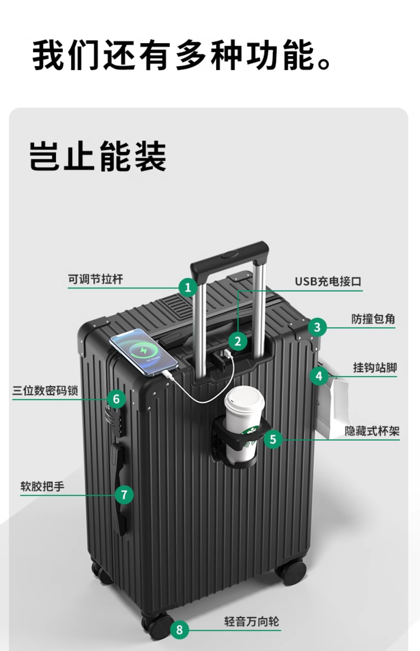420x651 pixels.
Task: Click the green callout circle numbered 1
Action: click(x=188, y=287)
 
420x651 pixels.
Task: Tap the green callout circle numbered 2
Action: click(x=238, y=341)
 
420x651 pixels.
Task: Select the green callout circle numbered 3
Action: click(x=317, y=327)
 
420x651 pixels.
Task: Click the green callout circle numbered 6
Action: click(x=116, y=399)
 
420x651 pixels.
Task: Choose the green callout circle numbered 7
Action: click(x=124, y=495)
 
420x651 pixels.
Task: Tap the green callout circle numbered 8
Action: click(x=180, y=630)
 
